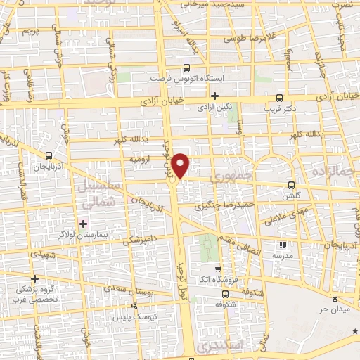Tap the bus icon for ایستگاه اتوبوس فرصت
click(186, 68)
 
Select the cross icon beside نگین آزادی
click(215, 95)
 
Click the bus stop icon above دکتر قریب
click(280, 98)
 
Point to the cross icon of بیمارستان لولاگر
click(83, 224)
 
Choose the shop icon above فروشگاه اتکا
click(217, 269)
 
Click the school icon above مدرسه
click(283, 245)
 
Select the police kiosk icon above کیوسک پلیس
click(134, 307)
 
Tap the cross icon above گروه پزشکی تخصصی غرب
click(34, 278)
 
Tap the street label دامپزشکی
click(142, 240)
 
